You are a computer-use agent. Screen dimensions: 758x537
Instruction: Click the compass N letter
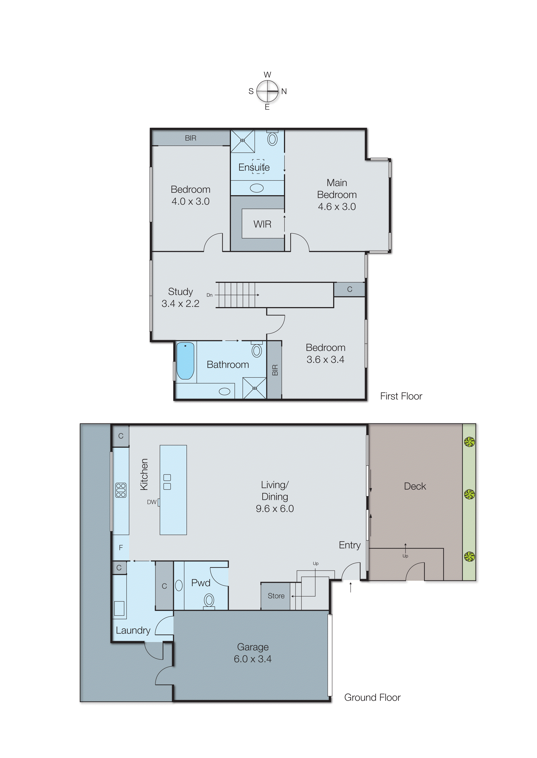tap(284, 91)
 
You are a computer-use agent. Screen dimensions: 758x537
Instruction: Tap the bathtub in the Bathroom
tap(185, 361)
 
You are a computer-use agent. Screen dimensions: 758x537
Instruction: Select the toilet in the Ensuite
tap(272, 139)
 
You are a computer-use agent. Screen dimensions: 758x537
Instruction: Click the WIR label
tap(262, 224)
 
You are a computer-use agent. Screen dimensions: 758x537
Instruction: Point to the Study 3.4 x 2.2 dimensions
tap(180, 303)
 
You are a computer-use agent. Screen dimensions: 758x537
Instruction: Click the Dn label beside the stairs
tap(209, 295)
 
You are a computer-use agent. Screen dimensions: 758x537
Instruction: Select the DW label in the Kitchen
tap(151, 502)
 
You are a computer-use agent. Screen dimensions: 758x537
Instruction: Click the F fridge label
tap(121, 547)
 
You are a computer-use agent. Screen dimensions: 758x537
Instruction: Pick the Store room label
tap(276, 596)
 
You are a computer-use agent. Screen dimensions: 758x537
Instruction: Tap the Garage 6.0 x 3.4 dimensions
tap(253, 659)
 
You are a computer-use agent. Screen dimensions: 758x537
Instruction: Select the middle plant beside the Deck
tap(469, 494)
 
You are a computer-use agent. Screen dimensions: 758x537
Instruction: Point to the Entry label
tap(349, 545)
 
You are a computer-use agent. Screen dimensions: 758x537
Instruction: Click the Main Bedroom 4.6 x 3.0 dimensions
tap(337, 207)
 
